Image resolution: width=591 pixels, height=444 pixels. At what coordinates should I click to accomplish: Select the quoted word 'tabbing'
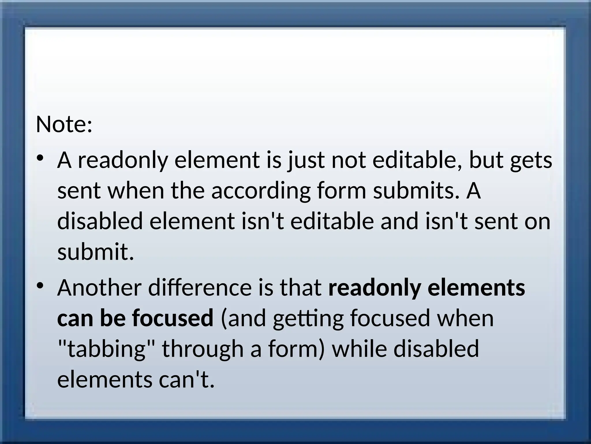(x=106, y=349)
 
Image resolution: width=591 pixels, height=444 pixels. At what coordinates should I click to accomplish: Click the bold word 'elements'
(x=476, y=288)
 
